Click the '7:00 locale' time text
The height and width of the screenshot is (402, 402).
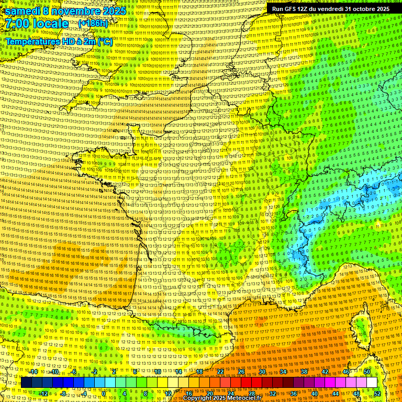pos(37,24)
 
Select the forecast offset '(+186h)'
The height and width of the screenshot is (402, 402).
pos(93,24)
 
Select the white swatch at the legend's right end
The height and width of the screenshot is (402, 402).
pos(372,383)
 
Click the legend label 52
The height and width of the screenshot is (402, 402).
pos(377,393)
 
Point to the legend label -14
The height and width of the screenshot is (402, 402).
pos(33,372)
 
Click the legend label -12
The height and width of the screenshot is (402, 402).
pos(43,393)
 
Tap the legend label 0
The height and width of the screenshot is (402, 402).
pos(104,393)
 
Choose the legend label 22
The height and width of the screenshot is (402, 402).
pos(220,372)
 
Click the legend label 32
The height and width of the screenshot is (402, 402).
pos(272,393)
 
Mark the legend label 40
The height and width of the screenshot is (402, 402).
pos(314,393)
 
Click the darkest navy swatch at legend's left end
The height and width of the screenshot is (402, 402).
pos(26,383)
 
